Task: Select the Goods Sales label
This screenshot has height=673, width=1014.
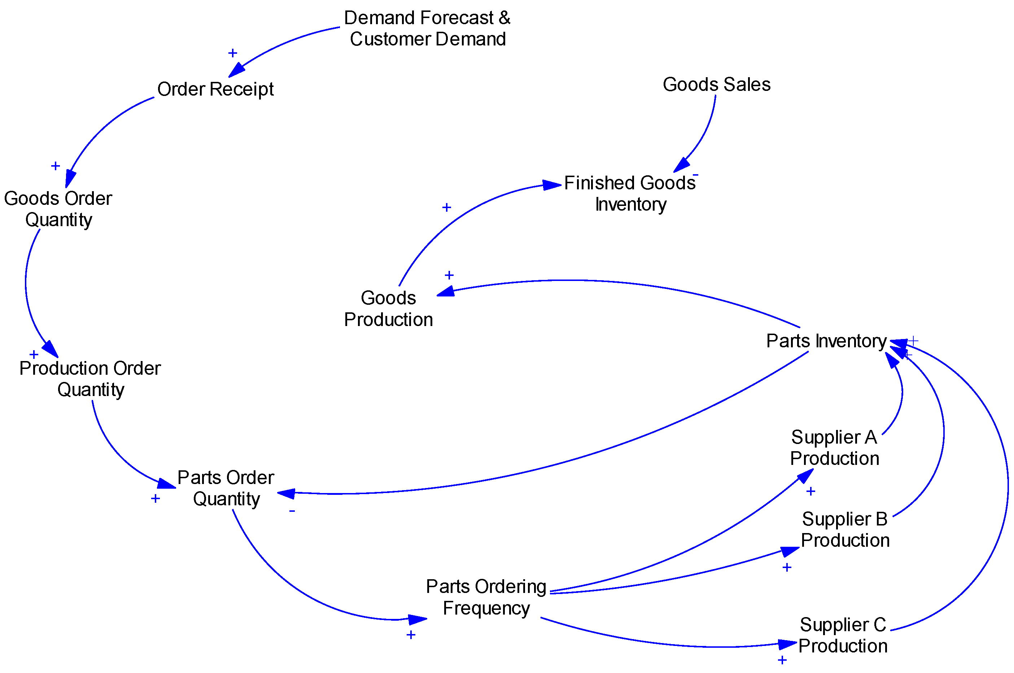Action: point(716,84)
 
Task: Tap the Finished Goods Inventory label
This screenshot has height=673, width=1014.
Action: point(630,194)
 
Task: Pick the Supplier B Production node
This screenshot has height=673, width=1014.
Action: point(844,530)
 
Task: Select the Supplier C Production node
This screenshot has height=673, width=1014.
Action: point(842,635)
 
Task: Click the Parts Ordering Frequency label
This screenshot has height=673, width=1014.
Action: point(486,597)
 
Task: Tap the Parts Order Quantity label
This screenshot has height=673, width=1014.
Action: point(226,488)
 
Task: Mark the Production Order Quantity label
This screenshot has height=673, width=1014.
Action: point(90,379)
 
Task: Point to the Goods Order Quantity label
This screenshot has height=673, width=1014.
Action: point(58,209)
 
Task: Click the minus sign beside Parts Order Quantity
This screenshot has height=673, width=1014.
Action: point(292,511)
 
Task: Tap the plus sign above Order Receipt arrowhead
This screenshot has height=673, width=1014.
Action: point(232,53)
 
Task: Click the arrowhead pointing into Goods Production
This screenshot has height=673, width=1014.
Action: point(446,292)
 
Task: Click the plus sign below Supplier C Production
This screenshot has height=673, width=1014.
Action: point(782,660)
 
